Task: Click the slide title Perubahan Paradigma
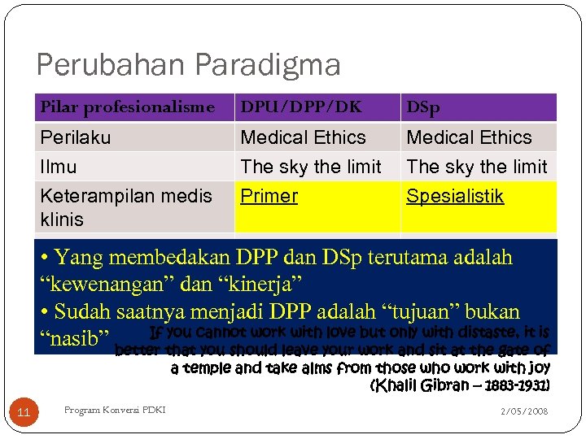188,64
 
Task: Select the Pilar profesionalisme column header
127,107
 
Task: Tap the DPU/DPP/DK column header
301,107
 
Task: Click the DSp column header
423,107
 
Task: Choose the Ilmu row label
59,167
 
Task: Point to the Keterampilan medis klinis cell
125,207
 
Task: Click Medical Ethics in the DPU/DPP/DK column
304,137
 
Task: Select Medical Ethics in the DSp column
469,137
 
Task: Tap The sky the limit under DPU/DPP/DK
311,167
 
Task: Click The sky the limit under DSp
477,167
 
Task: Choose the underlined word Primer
269,196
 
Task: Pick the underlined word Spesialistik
455,196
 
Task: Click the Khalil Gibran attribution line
460,385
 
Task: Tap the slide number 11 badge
24,412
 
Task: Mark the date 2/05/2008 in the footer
524,411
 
